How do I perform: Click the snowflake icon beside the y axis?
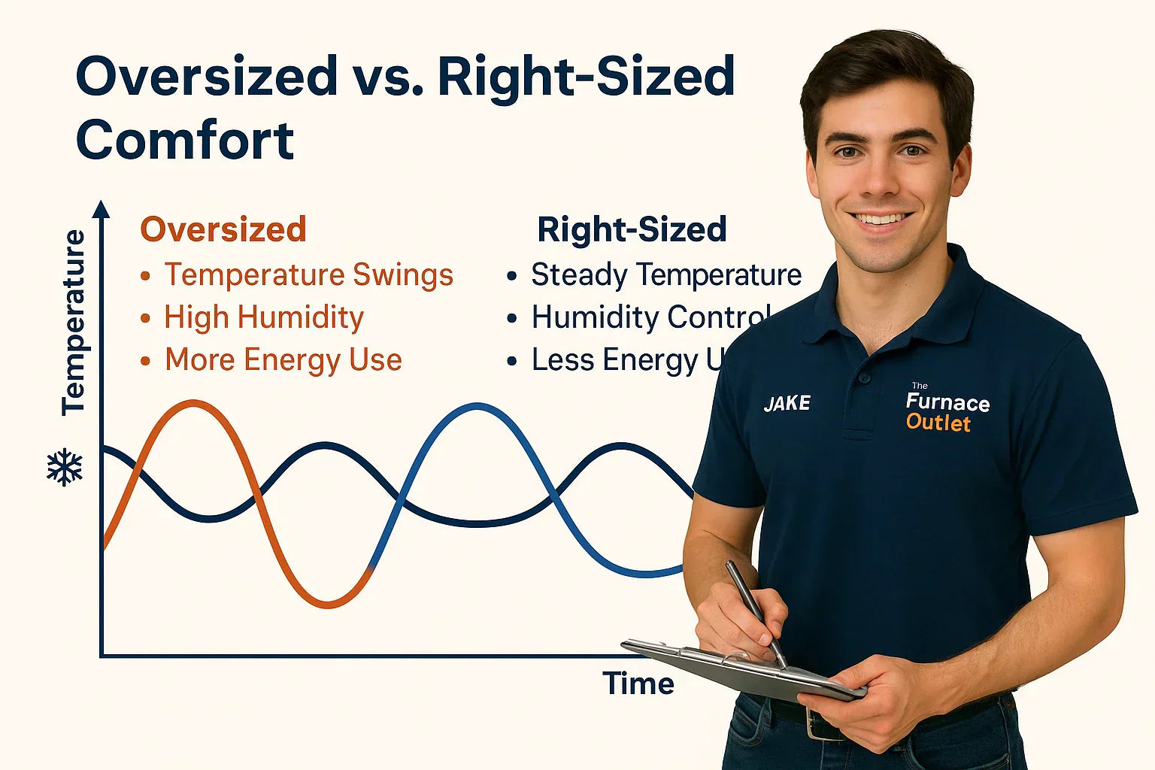65,468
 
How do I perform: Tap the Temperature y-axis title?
74,323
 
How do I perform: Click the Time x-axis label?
638,684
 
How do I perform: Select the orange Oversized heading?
223,229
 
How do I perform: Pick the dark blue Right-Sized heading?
632,229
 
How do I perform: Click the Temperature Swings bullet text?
308,275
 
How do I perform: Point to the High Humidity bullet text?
264,317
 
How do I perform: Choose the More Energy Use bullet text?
283,360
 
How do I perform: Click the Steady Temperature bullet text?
666,275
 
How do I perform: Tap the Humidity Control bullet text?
650,317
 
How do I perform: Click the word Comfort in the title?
185,141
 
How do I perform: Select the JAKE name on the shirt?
787,404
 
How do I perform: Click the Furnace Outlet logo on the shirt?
946,411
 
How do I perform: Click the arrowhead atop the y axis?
102,208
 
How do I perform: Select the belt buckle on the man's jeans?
817,726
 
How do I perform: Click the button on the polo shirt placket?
863,377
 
